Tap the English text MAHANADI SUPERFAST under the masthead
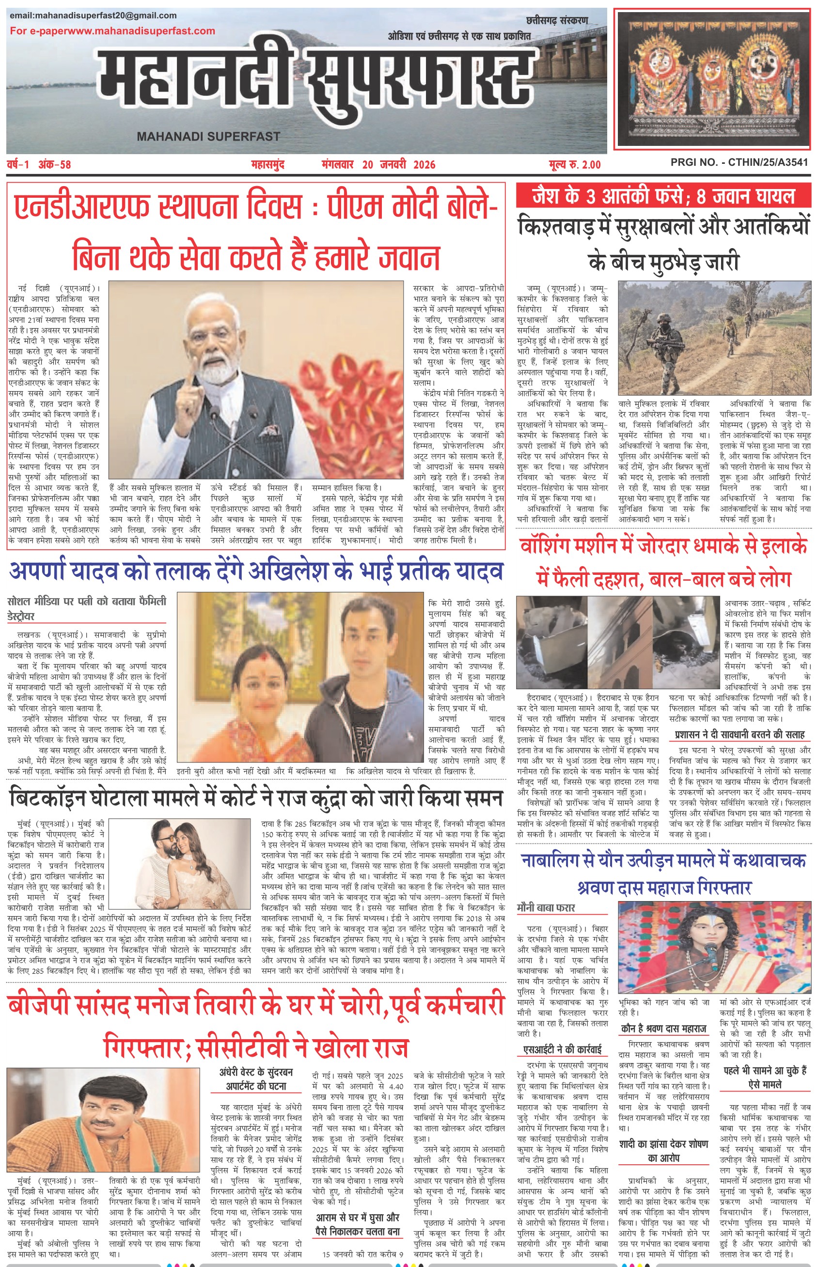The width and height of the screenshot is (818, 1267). point(208,137)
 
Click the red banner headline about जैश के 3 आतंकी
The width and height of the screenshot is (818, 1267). point(663,197)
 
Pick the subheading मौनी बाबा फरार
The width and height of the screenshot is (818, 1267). point(546,908)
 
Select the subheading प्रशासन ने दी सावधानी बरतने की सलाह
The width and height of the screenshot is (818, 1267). point(740,735)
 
